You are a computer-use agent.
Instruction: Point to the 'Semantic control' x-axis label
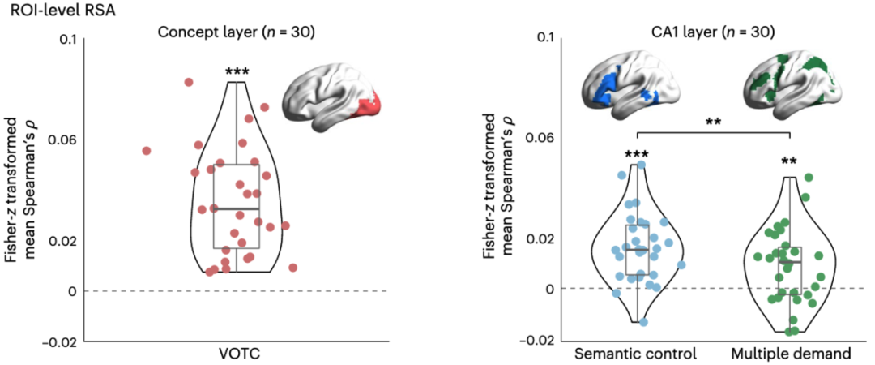636,354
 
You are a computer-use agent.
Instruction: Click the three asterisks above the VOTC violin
237,72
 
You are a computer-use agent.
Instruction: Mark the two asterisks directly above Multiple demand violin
789,161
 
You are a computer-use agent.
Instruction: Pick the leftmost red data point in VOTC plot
147,151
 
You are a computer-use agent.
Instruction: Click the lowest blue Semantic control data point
644,322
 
